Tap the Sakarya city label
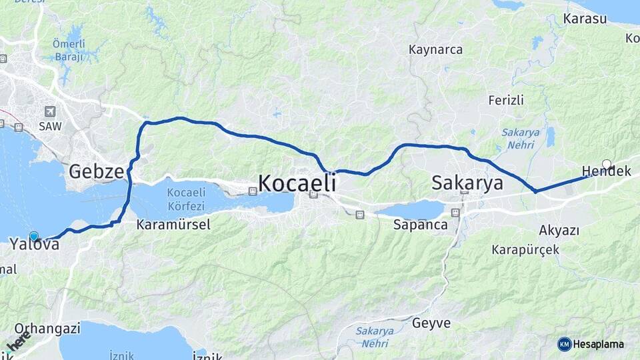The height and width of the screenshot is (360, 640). click(467, 183)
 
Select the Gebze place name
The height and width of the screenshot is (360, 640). click(96, 171)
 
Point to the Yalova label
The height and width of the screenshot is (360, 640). click(35, 245)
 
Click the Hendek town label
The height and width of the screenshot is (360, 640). click(607, 172)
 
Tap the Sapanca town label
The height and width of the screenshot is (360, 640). click(420, 225)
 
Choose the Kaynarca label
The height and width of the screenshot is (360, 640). click(435, 50)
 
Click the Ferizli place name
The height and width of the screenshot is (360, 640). click(506, 101)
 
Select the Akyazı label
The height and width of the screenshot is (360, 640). click(558, 231)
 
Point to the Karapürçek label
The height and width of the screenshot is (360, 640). click(525, 250)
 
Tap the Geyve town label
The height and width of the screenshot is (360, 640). click(431, 324)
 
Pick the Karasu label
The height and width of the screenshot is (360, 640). click(585, 19)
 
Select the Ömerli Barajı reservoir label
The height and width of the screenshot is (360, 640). click(68, 50)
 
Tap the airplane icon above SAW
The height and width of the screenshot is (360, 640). click(50, 111)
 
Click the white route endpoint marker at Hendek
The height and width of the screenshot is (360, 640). click(606, 163)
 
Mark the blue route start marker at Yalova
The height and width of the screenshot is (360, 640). click(34, 235)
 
